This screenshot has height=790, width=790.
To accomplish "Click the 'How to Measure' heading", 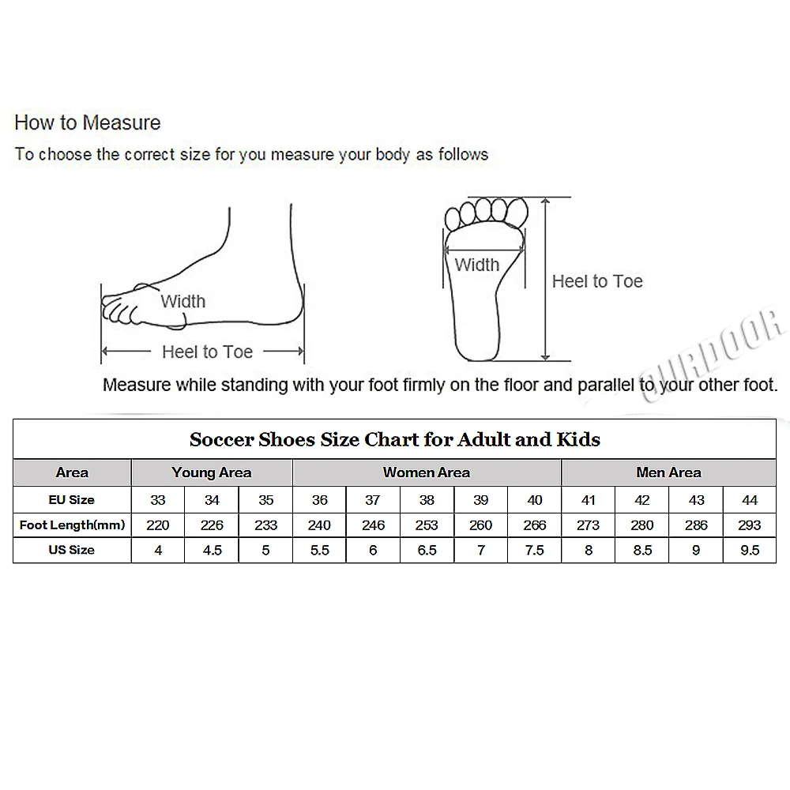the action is pyautogui.click(x=87, y=122).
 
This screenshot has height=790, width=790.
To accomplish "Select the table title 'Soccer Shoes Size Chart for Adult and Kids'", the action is pyautogui.click(x=394, y=439).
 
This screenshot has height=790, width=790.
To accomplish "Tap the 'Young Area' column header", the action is pyautogui.click(x=212, y=472).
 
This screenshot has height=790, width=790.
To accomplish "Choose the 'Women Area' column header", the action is pyautogui.click(x=427, y=472).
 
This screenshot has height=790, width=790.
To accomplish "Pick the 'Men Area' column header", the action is pyautogui.click(x=668, y=472).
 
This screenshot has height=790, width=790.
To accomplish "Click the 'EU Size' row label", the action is pyautogui.click(x=72, y=500).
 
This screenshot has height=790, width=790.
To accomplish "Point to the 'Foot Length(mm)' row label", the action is pyautogui.click(x=72, y=525).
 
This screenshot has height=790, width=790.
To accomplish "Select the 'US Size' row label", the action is pyautogui.click(x=72, y=550).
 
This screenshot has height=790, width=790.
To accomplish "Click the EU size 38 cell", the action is pyautogui.click(x=427, y=500).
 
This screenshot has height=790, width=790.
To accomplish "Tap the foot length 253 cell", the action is pyautogui.click(x=427, y=525).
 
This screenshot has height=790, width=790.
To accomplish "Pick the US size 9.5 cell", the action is pyautogui.click(x=750, y=550).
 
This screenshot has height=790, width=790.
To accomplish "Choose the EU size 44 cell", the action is pyautogui.click(x=750, y=500).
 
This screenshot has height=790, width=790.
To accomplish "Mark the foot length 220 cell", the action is pyautogui.click(x=158, y=525).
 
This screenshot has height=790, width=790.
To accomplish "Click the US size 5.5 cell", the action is pyautogui.click(x=319, y=550).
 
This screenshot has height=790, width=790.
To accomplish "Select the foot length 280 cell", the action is pyautogui.click(x=641, y=525).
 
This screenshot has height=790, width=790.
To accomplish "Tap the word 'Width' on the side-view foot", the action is pyautogui.click(x=183, y=301).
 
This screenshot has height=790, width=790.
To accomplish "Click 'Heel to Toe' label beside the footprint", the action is pyautogui.click(x=597, y=281).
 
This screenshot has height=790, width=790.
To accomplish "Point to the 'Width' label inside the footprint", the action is pyautogui.click(x=476, y=265).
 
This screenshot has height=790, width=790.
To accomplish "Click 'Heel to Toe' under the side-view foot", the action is pyautogui.click(x=207, y=352).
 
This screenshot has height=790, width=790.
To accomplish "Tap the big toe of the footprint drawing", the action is pyautogui.click(x=517, y=212).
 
